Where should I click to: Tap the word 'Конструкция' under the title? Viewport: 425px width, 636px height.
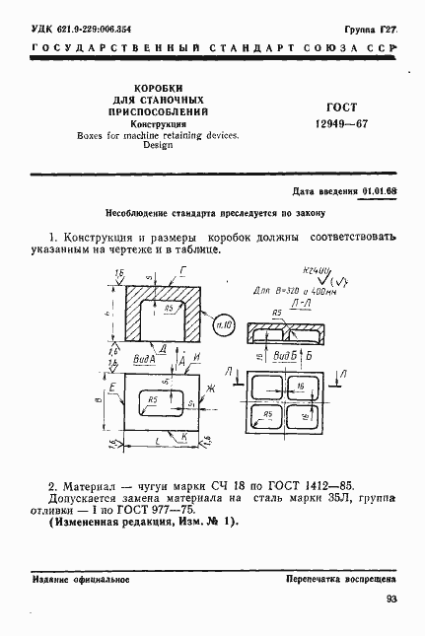pos(158,124)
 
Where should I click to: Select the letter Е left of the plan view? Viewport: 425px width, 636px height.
pos(113,389)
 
